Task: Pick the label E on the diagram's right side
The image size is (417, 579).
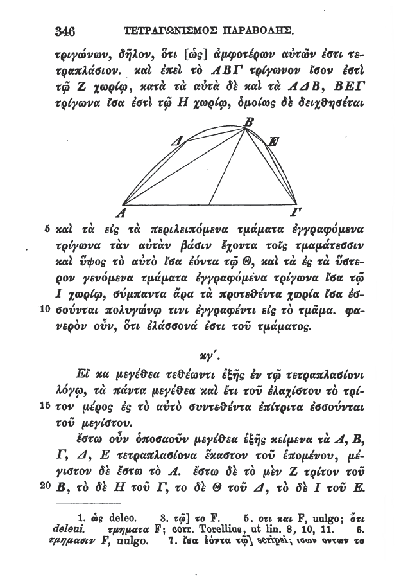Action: (x=273, y=143)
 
